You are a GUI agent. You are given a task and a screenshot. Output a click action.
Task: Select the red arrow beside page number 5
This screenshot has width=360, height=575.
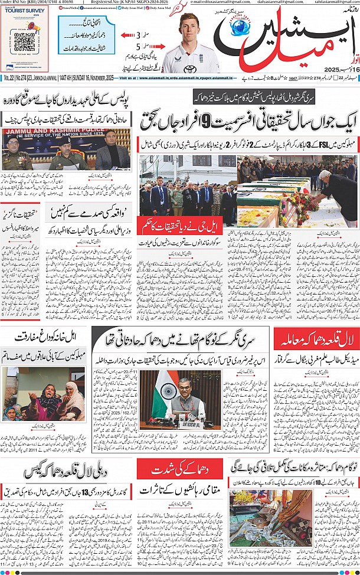pos(127,46)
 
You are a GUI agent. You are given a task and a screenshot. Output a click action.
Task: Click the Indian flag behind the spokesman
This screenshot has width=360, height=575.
pos(161,393)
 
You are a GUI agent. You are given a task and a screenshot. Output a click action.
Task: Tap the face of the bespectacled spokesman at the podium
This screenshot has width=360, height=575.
pos(185,388)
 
